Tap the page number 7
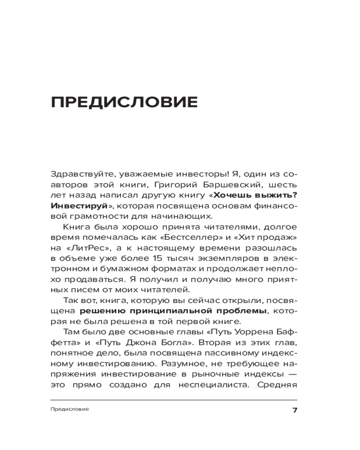pyautogui.click(x=295, y=410)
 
